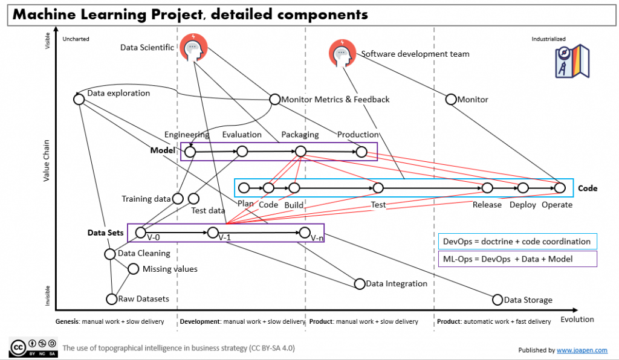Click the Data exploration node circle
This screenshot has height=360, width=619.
(79, 99)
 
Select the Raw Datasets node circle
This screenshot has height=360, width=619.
(111, 298)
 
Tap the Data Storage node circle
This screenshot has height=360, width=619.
(497, 299)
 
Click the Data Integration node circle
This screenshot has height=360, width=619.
(360, 283)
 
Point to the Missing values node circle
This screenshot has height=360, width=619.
(133, 269)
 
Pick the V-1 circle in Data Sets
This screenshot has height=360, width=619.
(213, 232)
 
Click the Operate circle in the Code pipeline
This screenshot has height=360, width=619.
(560, 188)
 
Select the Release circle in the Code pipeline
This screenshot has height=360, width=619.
(487, 188)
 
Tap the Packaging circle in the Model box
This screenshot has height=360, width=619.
(301, 152)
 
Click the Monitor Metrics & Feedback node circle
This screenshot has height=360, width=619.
(275, 99)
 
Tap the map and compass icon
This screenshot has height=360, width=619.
(572, 61)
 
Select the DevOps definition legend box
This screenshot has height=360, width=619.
(518, 242)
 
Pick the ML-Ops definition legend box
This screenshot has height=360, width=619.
(518, 259)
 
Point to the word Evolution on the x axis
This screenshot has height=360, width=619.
(577, 319)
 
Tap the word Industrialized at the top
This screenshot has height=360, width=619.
(549, 39)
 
